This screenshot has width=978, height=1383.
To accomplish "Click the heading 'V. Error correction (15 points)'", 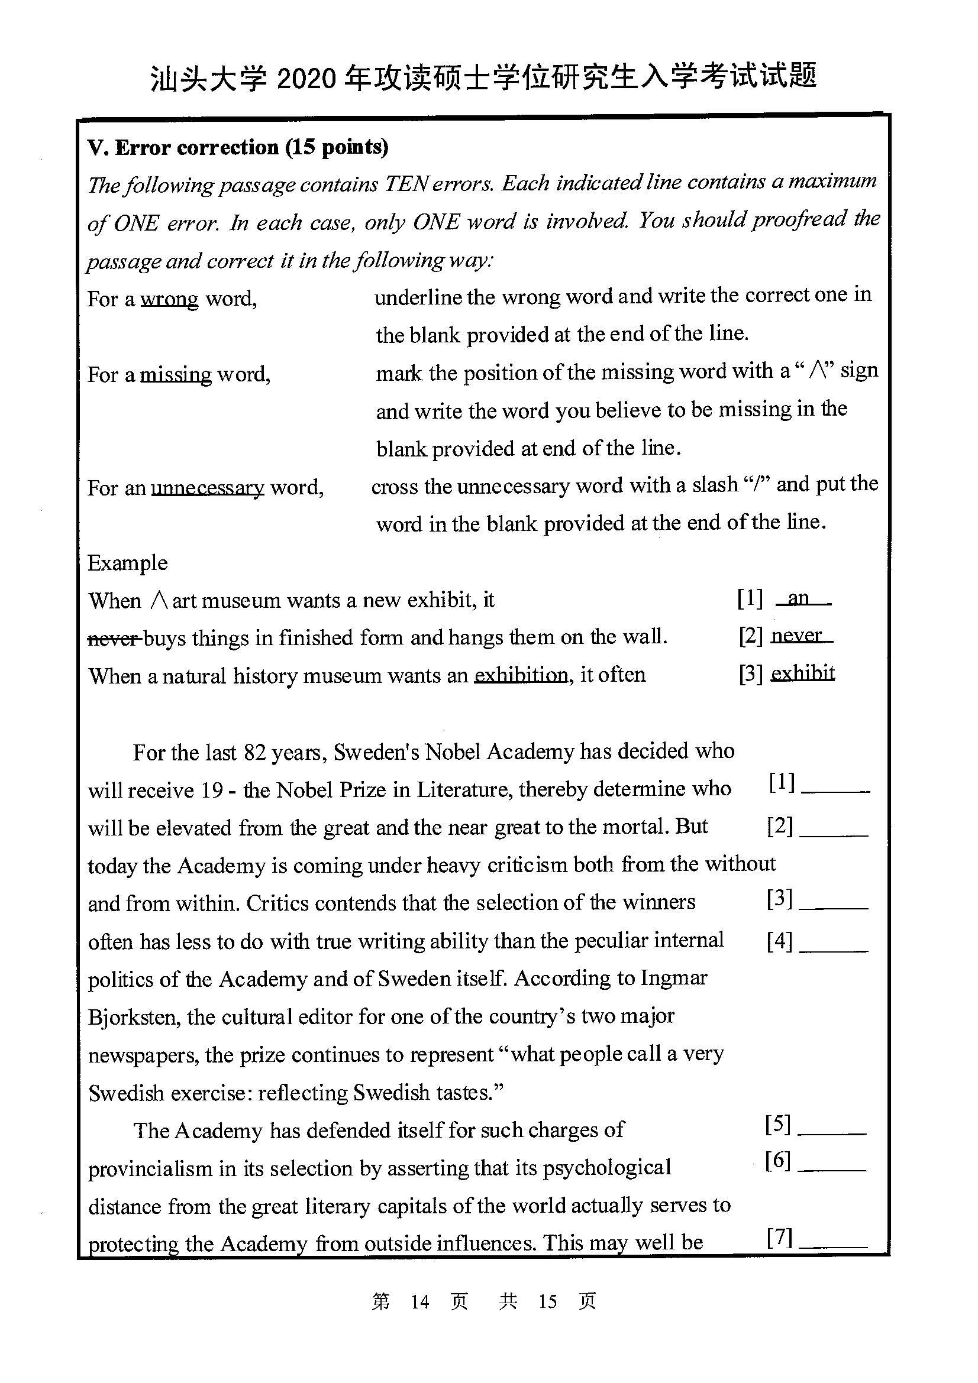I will coord(237,148).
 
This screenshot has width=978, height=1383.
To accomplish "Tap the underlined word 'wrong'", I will coord(169,299).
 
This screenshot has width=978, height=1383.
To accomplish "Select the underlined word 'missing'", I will coord(175,375).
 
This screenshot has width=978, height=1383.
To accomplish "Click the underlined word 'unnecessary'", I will coord(207,487).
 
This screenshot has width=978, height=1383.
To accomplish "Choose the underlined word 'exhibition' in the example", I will coord(521,675).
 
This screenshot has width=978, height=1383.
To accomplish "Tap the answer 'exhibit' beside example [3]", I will coord(803,673).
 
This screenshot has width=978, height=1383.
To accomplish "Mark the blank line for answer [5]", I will coord(832,1132).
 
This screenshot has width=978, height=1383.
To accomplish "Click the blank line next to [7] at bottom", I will coord(833,1245).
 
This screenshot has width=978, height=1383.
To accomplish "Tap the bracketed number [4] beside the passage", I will coord(779,940).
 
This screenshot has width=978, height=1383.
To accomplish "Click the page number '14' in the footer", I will coord(419,1302).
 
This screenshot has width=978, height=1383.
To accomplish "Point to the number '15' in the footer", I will coord(547,1302).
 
